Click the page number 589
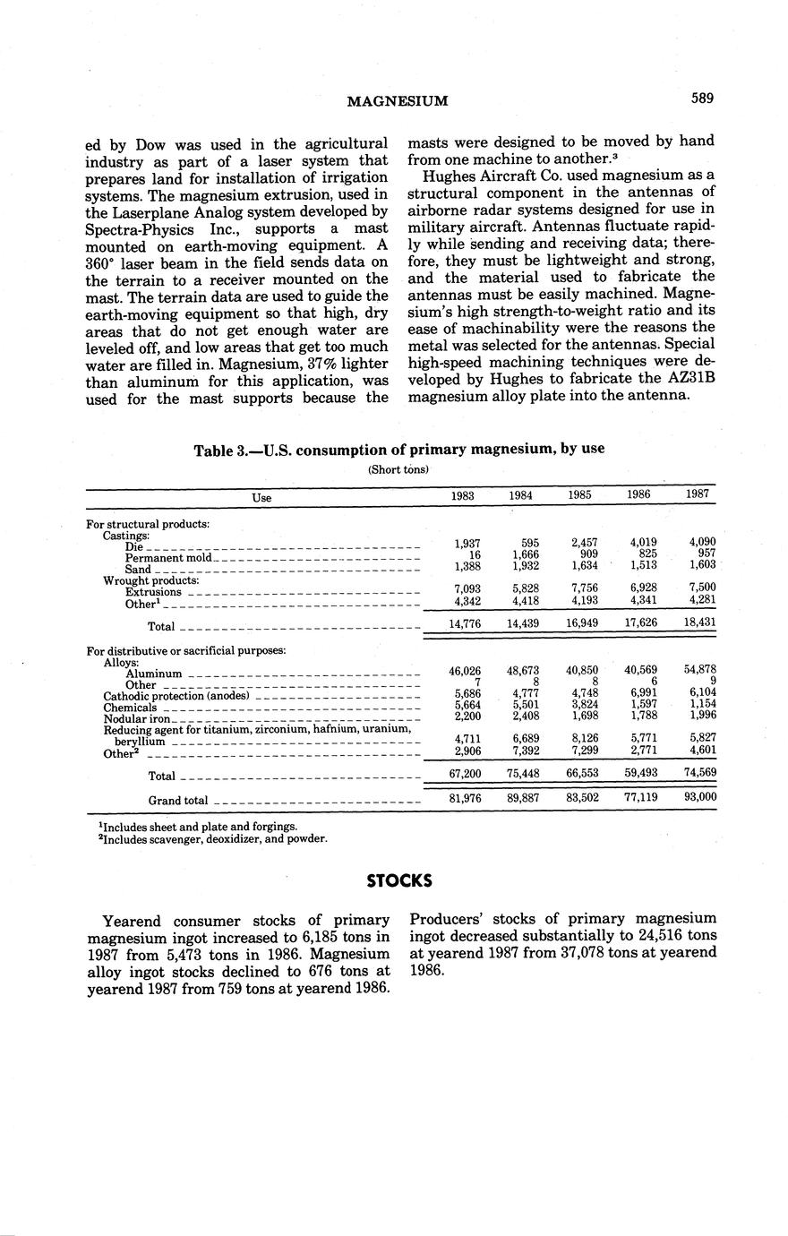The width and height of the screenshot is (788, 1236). (702, 99)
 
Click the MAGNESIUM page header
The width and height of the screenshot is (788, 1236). (397, 101)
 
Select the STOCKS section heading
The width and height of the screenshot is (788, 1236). (399, 880)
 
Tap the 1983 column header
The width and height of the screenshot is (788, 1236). (462, 495)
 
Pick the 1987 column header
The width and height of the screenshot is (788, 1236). (698, 494)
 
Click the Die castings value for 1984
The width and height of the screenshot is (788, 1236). (527, 543)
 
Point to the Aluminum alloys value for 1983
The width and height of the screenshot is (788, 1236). (464, 670)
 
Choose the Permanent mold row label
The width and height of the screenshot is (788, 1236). (168, 557)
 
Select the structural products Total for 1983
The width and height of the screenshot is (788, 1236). (464, 623)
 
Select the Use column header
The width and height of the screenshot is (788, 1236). (261, 497)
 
